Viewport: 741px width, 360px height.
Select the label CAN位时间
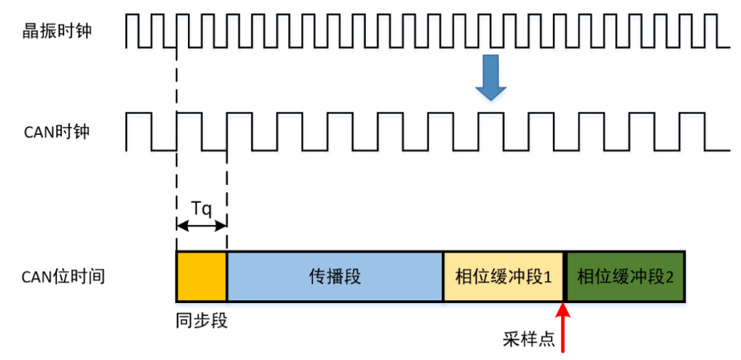(63, 277)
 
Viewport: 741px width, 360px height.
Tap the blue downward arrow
(491, 77)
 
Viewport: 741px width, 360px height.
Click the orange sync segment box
(201, 276)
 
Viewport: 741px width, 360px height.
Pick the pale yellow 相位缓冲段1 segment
(503, 276)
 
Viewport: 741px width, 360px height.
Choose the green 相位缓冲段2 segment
(624, 276)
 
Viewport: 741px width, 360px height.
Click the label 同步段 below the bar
(201, 320)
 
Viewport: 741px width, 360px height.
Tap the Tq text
(201, 206)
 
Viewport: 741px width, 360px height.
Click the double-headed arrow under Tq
(201, 226)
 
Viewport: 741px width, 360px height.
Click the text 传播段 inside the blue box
(335, 277)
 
